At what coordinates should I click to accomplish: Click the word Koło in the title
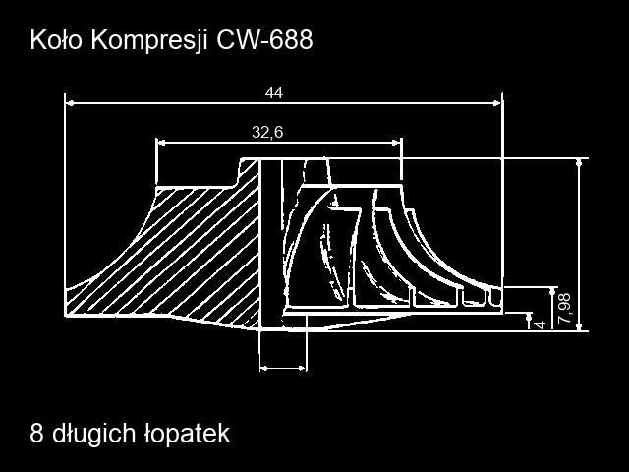[x=56, y=40]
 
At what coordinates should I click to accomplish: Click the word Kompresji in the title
[x=149, y=41]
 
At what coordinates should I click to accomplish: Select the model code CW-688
[x=264, y=40]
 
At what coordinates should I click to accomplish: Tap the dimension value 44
[x=274, y=92]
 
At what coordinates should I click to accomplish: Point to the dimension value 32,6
[x=267, y=132]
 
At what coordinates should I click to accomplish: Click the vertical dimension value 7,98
[x=565, y=308]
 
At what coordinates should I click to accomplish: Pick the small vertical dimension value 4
[x=541, y=324]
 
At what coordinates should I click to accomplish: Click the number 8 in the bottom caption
[x=36, y=434]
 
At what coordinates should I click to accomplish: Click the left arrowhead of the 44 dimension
[x=70, y=103]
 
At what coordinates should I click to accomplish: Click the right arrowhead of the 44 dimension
[x=497, y=103]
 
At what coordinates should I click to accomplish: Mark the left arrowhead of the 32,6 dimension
[x=161, y=143]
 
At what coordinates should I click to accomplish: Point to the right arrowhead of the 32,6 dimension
[x=396, y=143]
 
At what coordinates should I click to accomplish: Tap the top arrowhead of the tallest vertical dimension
[x=579, y=163]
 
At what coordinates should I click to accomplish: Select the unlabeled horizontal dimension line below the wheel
[x=283, y=368]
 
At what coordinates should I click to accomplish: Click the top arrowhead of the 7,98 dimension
[x=552, y=292]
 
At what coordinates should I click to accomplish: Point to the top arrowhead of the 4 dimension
[x=529, y=317]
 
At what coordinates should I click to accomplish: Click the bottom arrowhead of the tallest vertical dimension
[x=579, y=326]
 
